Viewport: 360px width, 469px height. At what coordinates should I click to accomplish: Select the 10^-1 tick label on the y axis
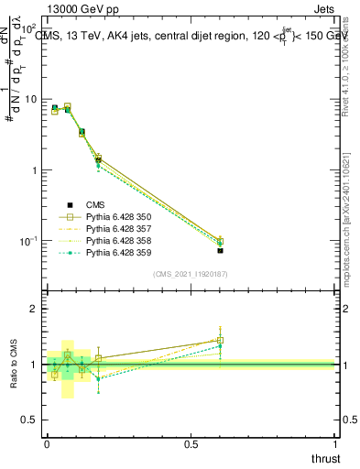(x=27, y=240)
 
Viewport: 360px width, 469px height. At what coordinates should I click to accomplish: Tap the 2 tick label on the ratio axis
(x=34, y=309)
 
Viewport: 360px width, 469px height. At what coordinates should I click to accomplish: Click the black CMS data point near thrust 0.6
(x=220, y=250)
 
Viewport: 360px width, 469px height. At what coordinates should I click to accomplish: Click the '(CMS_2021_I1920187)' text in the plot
(x=190, y=273)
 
